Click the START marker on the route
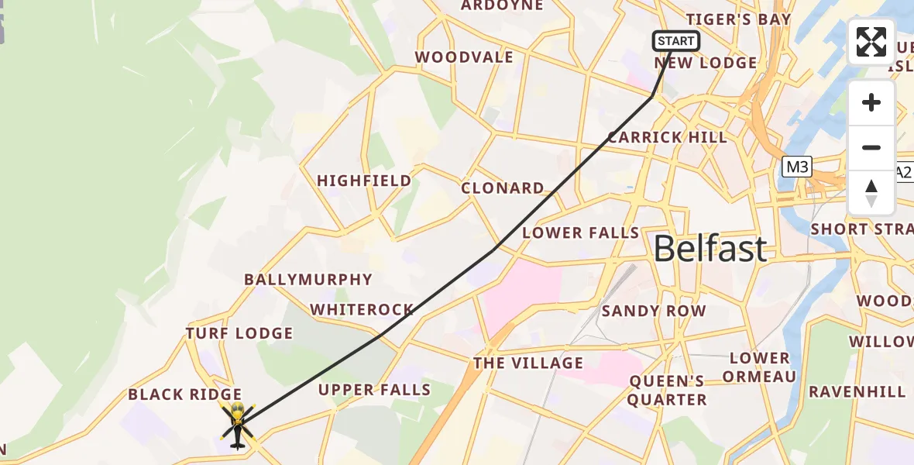675,41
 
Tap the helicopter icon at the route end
237,425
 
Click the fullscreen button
871,42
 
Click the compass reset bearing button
871,193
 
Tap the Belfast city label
710,249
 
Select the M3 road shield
796,167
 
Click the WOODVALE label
464,57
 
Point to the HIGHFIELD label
364,181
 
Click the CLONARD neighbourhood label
503,188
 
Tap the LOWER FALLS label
580,232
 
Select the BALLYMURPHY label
308,279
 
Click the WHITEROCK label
362,310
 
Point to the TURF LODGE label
239,333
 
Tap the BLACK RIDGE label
185,394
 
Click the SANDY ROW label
654,311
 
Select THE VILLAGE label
528,363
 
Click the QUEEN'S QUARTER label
667,390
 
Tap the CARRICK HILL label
667,137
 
